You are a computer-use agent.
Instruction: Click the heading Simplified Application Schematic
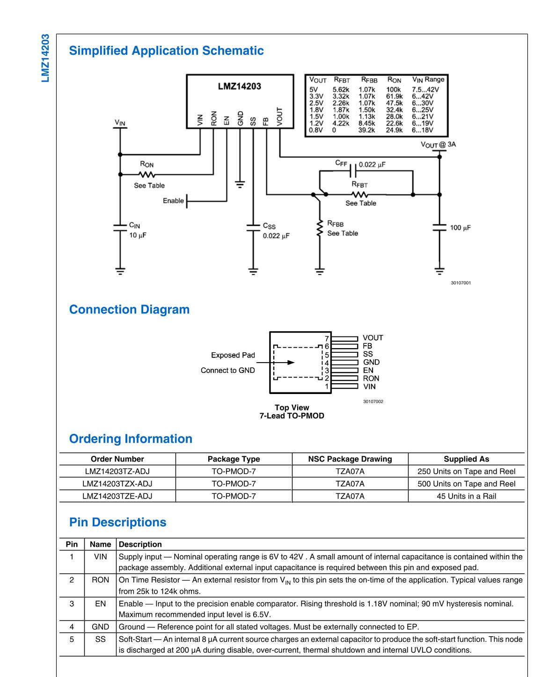click(167, 51)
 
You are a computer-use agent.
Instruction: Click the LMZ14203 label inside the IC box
click(240, 86)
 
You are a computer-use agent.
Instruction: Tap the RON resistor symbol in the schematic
click(147, 174)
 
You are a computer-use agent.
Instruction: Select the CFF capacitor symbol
click(353, 171)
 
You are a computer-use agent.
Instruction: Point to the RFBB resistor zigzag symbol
click(320, 228)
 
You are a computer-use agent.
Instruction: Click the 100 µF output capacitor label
click(460, 228)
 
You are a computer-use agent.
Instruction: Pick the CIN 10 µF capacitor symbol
click(120, 228)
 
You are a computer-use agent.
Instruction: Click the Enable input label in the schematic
click(173, 201)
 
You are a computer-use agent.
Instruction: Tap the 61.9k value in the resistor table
click(395, 97)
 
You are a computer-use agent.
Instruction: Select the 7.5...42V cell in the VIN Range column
click(425, 89)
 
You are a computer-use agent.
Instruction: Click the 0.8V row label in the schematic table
click(316, 130)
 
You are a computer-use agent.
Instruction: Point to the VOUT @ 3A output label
click(438, 145)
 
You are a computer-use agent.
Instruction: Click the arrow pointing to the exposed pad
click(275, 362)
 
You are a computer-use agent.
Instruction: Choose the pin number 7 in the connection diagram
click(327, 338)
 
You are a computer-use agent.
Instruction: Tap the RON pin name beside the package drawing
click(371, 378)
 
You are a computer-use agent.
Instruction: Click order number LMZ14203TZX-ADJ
click(117, 484)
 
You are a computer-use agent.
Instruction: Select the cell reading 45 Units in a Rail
click(466, 496)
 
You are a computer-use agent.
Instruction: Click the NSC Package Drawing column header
click(350, 459)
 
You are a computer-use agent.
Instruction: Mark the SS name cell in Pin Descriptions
click(100, 639)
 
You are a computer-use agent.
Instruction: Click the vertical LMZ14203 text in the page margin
click(45, 58)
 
